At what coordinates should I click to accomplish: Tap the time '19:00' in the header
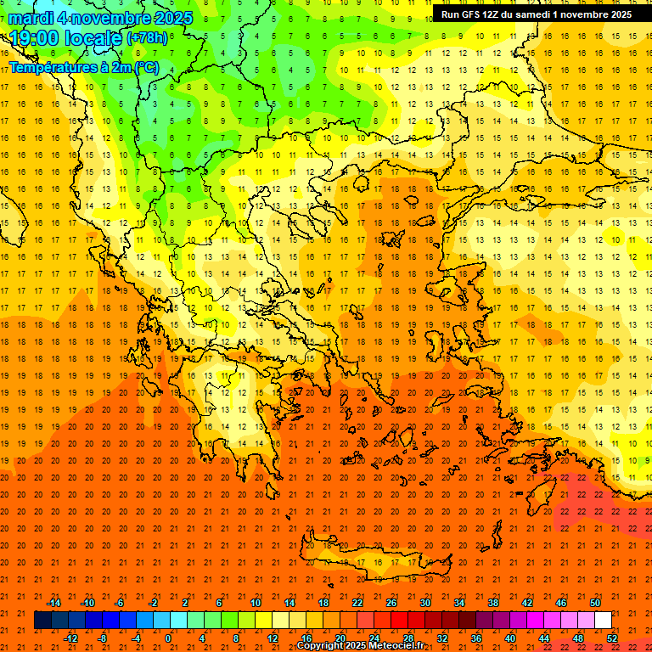click(x=37, y=38)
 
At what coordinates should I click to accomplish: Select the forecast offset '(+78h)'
click(x=147, y=38)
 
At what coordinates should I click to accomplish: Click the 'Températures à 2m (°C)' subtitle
click(x=84, y=66)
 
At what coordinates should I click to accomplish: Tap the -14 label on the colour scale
click(x=53, y=603)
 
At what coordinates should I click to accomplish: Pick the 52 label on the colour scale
click(x=612, y=638)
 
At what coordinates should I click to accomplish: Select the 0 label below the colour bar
click(x=168, y=638)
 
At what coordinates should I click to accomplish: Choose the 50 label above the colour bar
click(x=594, y=603)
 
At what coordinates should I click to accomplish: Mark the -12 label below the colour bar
click(x=70, y=638)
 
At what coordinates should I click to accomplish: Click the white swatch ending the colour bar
click(x=603, y=621)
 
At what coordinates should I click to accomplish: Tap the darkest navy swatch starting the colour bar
click(x=42, y=621)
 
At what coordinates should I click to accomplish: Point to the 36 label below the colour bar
click(x=476, y=638)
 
